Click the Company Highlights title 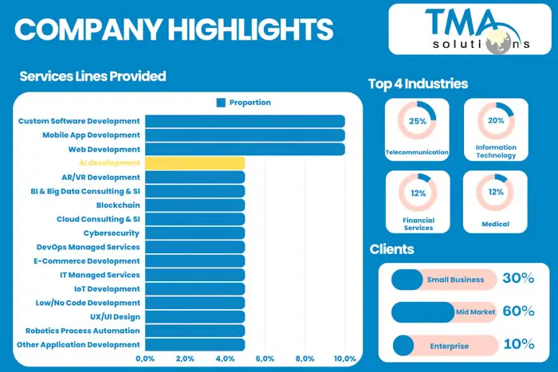[x=174, y=29]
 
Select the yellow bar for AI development [x=195, y=163]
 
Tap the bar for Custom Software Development [x=245, y=121]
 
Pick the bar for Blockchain [x=195, y=206]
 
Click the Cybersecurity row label [x=112, y=233]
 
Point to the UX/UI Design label [x=114, y=317]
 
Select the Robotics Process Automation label [x=83, y=331]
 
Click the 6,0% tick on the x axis [x=265, y=359]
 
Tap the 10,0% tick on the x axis [x=344, y=359]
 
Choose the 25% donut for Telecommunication [x=417, y=122]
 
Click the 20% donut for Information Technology [x=495, y=122]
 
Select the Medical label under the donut [x=495, y=225]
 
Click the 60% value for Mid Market [x=518, y=311]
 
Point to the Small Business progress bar [x=444, y=280]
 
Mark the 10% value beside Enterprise [x=518, y=345]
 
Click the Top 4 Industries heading [x=418, y=84]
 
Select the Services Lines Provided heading [x=92, y=76]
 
